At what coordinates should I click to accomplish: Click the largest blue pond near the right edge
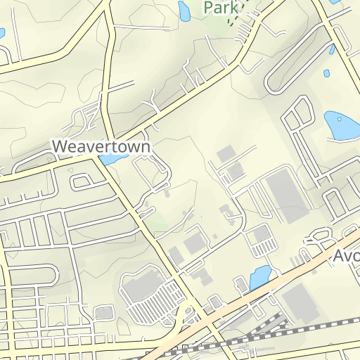[341, 125]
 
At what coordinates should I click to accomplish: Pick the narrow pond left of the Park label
[184, 11]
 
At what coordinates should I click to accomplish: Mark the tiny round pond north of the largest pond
[326, 72]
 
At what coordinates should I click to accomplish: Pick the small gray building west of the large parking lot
[104, 312]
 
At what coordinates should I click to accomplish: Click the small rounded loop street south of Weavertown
[82, 183]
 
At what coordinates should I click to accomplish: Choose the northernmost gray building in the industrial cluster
[225, 153]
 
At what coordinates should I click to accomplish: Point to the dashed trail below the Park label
[231, 20]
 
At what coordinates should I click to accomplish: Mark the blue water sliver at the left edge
[2, 33]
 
